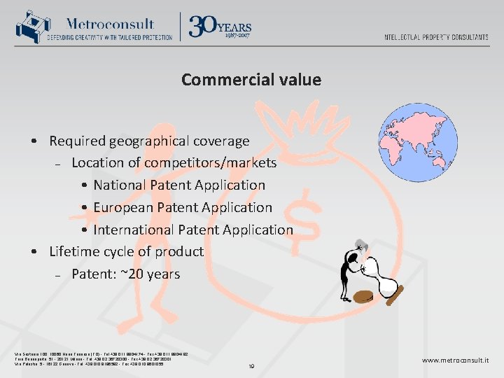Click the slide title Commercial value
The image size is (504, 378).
pos(251,80)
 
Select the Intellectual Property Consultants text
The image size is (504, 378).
pos(436,37)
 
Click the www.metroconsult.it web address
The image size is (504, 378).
pos(455,360)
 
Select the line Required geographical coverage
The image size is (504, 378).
pos(148,141)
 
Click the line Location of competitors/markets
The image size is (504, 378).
pos(174,163)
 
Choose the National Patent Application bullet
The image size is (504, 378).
pos(178,185)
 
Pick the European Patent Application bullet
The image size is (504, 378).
pos(182,207)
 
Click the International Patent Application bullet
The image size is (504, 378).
pos(192,230)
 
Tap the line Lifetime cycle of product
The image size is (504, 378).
pos(126,251)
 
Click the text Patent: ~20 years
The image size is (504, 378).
pos(125,274)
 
